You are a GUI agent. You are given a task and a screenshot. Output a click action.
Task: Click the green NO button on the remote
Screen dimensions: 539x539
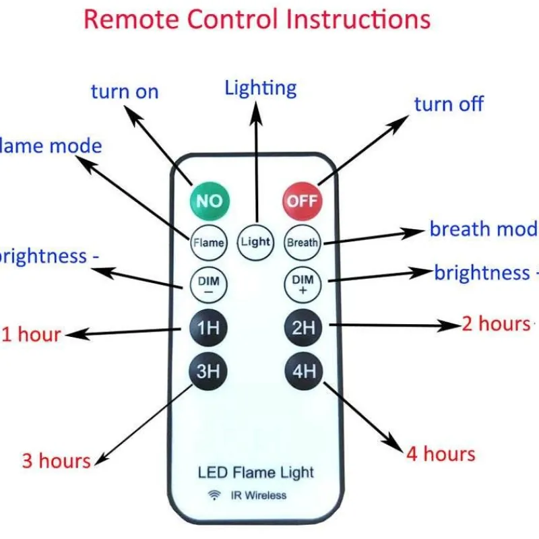[x=209, y=200]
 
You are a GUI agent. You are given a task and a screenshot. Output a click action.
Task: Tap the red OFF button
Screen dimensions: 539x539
[x=302, y=200]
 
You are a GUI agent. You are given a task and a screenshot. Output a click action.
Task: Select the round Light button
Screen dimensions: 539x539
[x=255, y=242]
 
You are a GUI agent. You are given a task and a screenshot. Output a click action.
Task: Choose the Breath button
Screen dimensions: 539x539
[x=302, y=242]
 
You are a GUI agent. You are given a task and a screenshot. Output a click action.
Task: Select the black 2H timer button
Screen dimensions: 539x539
[x=303, y=327]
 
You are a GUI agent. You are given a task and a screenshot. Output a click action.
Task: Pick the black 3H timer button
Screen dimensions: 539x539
[x=209, y=371]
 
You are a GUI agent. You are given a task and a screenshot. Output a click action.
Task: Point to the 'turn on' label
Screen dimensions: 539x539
[x=125, y=92]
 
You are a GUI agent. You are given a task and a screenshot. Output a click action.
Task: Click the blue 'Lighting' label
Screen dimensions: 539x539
[x=261, y=88]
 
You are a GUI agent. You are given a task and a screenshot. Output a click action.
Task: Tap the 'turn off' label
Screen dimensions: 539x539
[x=449, y=104]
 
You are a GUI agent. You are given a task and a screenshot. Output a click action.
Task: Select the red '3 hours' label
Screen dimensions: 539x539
[x=56, y=461]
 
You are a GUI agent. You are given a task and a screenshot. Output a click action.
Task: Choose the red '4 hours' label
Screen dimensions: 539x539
[x=441, y=454]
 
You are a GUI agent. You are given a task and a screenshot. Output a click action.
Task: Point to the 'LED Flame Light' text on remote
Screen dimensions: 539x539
[x=256, y=472]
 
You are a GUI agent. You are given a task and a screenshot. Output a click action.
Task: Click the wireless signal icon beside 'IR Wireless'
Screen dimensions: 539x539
[x=214, y=495]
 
